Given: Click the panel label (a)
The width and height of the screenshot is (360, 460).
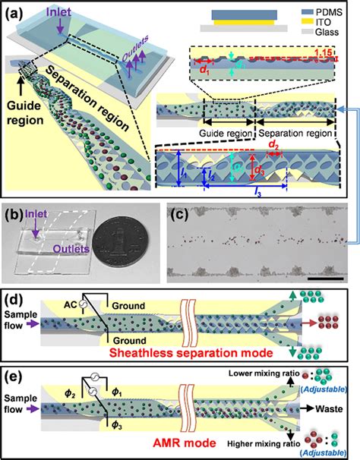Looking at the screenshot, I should (16, 10).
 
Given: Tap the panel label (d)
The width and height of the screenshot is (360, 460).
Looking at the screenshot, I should (16, 295).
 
